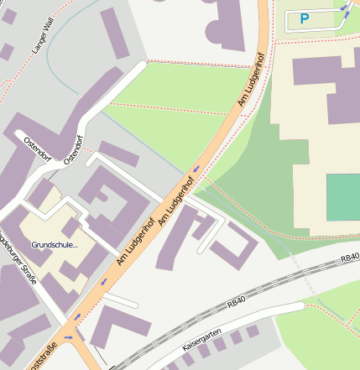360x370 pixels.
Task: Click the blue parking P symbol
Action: [x=305, y=18]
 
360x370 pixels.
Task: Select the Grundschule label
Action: [x=55, y=245]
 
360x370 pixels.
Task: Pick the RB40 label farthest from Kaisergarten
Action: [x=350, y=259]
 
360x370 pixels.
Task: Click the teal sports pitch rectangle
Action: [x=342, y=197]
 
